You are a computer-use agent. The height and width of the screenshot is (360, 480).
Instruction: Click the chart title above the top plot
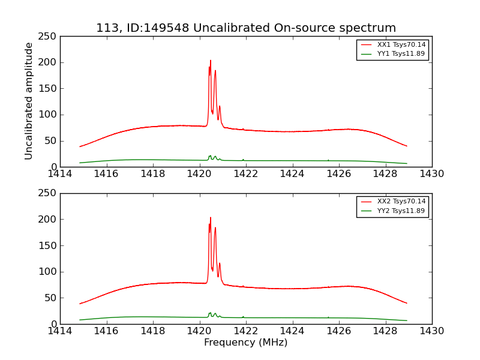(246, 28)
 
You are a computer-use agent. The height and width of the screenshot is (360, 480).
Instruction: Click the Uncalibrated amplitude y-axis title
(29, 101)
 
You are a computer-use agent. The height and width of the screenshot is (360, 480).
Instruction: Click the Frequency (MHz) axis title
(246, 343)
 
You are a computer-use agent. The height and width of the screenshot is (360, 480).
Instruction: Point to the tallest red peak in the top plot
(211, 61)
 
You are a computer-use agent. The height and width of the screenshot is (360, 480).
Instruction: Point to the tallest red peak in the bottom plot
(211, 218)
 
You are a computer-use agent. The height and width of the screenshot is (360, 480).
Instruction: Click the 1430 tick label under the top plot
(432, 174)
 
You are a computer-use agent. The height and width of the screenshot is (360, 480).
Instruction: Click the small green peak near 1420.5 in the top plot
(210, 156)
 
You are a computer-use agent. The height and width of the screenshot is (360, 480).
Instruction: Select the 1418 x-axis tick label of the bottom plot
(153, 331)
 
